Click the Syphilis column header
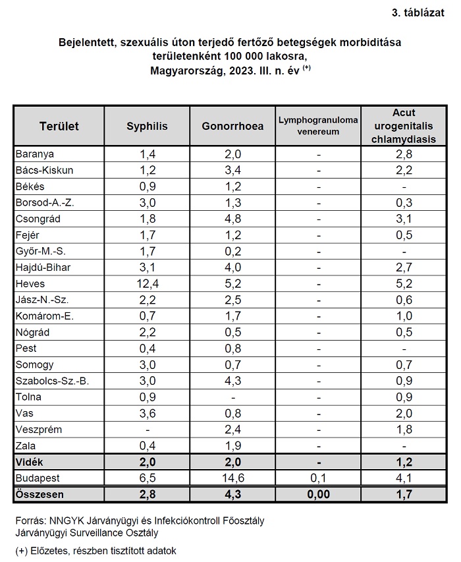pos(147,126)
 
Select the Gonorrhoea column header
pos(232,126)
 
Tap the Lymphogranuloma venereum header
pos(318,126)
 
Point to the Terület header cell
pos(59,126)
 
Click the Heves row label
pos(30,284)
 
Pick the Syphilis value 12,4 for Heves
pos(148,284)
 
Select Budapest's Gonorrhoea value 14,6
pos(233,478)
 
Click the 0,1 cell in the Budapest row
pos(319,478)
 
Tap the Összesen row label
pos(40,494)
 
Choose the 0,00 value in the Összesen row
pos(319,494)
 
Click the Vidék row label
pos(29,462)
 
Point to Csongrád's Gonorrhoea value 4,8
pos(233,219)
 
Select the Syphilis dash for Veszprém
pos(148,430)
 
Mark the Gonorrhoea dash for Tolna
pos(233,397)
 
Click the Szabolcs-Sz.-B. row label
pos(52,381)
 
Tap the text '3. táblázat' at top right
pos(418,13)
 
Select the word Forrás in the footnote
pos(31,520)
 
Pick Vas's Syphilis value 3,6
pos(148,413)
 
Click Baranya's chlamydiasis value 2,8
pos(404,154)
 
